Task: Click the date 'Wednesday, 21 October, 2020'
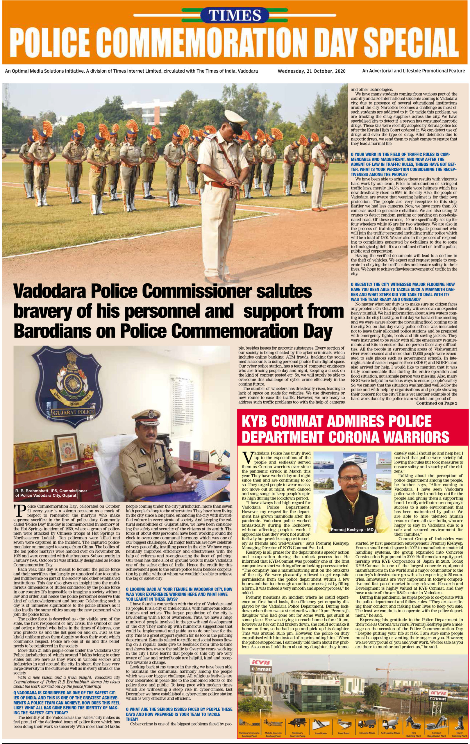312,71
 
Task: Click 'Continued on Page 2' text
436,403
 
